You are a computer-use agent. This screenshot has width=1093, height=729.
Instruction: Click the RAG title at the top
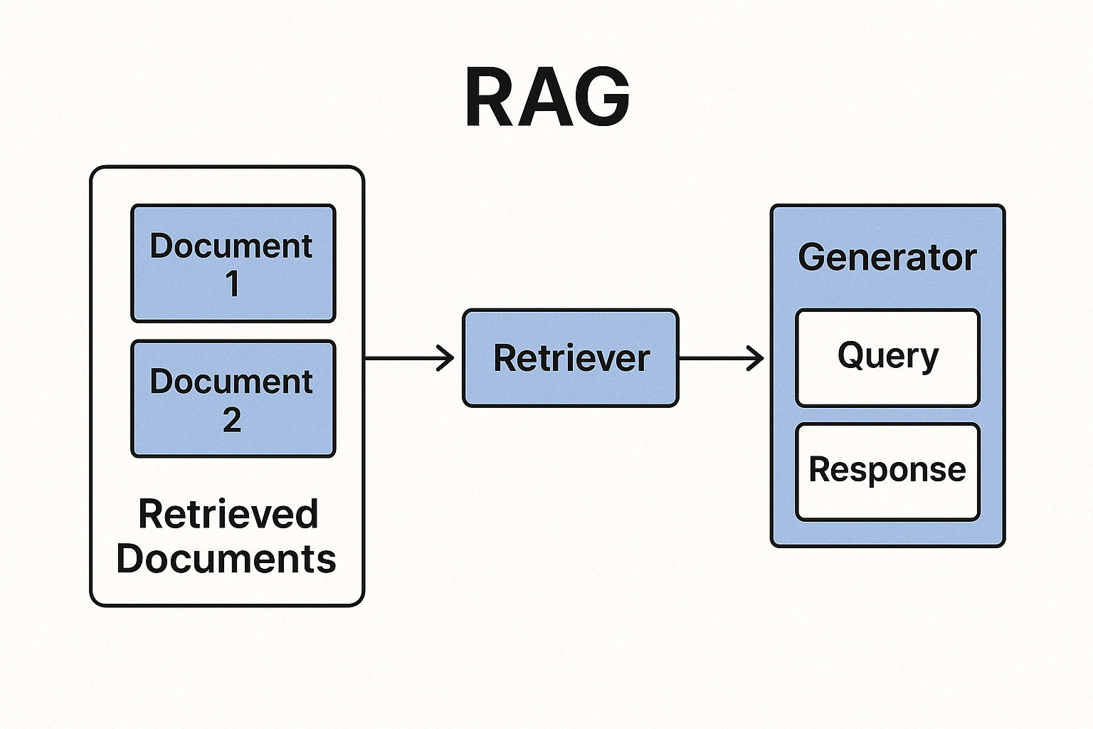point(547,98)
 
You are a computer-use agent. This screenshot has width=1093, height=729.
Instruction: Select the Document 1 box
point(233,263)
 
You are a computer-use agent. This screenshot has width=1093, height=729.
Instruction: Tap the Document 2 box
point(233,399)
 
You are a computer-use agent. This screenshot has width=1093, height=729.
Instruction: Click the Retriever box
point(571,358)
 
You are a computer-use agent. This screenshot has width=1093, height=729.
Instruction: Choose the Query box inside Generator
point(887,357)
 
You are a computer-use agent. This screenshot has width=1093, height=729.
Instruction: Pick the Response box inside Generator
point(887,471)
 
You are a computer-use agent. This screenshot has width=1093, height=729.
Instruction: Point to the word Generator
point(887,257)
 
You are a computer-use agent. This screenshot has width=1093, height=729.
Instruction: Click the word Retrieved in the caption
point(228,514)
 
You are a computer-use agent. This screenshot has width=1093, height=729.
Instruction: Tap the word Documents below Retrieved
point(226,559)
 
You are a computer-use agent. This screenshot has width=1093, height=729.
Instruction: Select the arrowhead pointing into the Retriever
point(447,358)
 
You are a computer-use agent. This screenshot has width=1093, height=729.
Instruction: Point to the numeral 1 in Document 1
point(233,284)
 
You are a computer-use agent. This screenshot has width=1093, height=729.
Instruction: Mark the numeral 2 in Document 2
point(232,420)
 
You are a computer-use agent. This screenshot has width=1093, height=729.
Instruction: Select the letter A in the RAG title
point(546,98)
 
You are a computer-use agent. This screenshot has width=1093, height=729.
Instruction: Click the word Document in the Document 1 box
point(231,246)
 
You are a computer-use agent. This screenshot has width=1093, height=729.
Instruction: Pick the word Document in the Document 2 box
point(231,382)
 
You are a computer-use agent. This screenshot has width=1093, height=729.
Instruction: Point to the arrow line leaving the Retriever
point(715,358)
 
